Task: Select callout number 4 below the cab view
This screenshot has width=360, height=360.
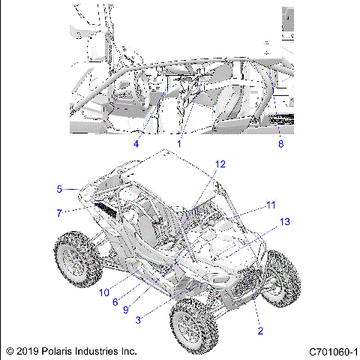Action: click(136, 143)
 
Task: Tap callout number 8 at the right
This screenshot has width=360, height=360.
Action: click(281, 143)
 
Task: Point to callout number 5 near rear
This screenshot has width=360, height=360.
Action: click(58, 190)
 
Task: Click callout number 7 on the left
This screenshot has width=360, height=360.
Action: click(58, 213)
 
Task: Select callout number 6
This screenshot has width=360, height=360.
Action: click(115, 301)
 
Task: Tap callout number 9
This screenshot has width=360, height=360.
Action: click(127, 310)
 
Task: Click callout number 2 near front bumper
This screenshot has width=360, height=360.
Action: click(259, 330)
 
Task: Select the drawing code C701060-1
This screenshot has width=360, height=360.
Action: click(331, 350)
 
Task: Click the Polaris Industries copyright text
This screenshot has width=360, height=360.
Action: click(71, 350)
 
